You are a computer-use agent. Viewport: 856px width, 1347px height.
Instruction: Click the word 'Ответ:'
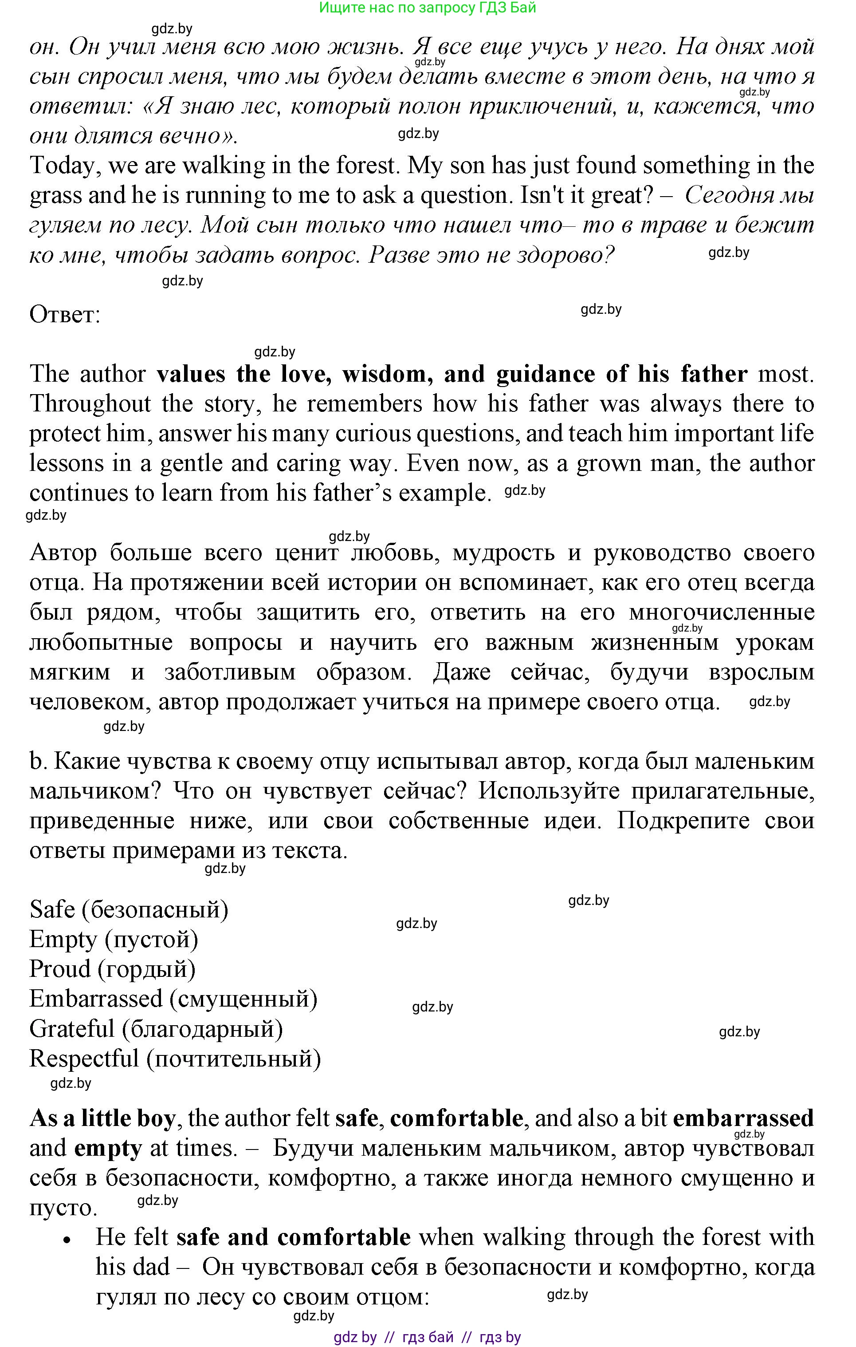(64, 315)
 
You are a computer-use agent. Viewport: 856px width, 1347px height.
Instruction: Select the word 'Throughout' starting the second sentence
(90, 404)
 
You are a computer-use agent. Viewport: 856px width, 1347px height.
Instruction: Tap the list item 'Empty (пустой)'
(114, 939)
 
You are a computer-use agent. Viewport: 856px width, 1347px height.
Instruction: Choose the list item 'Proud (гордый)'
(112, 969)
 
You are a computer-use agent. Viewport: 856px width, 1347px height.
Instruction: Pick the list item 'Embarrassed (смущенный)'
(173, 999)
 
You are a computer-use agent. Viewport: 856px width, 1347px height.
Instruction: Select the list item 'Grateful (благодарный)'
(155, 1029)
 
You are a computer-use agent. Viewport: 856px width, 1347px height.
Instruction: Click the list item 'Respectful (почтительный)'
(175, 1059)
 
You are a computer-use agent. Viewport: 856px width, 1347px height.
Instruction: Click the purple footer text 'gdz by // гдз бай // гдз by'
(427, 1337)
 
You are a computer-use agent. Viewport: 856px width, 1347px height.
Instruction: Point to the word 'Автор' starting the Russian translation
(63, 553)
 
